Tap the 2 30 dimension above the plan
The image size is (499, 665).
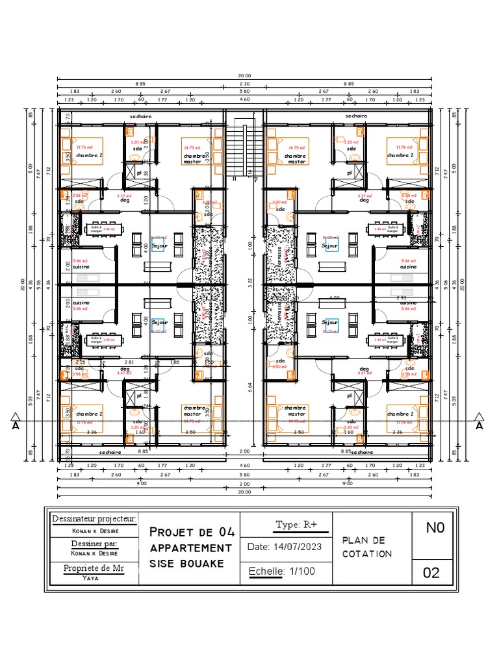[x=244, y=84]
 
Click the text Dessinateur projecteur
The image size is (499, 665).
[x=94, y=519]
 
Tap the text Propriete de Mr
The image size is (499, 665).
[x=94, y=568]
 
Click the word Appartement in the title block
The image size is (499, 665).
[x=190, y=548]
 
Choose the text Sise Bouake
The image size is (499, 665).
[x=186, y=564]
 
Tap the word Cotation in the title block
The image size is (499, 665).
[x=367, y=554]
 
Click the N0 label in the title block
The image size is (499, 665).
[x=435, y=528]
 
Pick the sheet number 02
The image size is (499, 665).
[x=431, y=573]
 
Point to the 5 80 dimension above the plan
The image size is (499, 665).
[x=244, y=92]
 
